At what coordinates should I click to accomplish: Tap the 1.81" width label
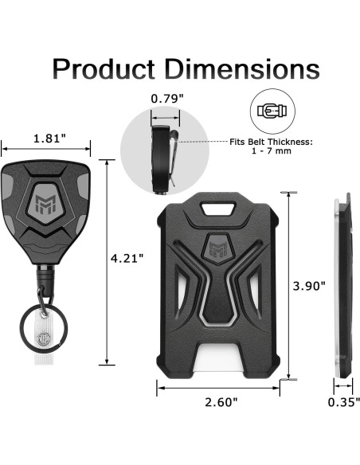(x=49, y=139)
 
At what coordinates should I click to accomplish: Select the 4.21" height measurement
(x=127, y=259)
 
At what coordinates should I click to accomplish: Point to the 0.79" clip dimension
(x=166, y=100)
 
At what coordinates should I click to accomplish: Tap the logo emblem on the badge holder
(x=217, y=248)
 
